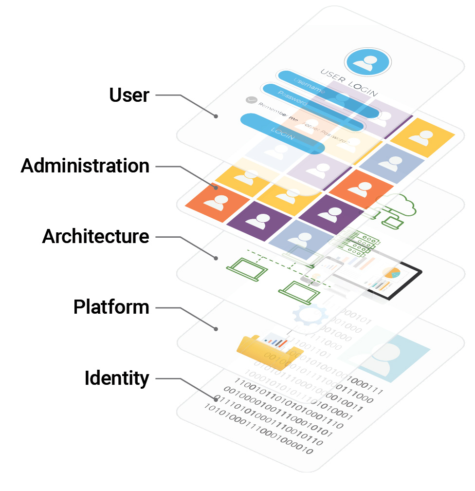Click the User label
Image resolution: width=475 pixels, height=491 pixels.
pos(129,95)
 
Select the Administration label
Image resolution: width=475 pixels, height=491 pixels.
pos(85,166)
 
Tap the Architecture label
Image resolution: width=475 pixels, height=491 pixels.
pos(96,237)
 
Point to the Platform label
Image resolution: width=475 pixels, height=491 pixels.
pos(111,307)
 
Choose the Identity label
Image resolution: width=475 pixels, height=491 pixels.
pos(117,378)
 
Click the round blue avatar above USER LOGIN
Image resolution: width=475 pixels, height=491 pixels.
pos(367,62)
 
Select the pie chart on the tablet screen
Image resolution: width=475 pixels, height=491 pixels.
pos(392,274)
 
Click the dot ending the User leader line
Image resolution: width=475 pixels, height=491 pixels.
pos(215,116)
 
